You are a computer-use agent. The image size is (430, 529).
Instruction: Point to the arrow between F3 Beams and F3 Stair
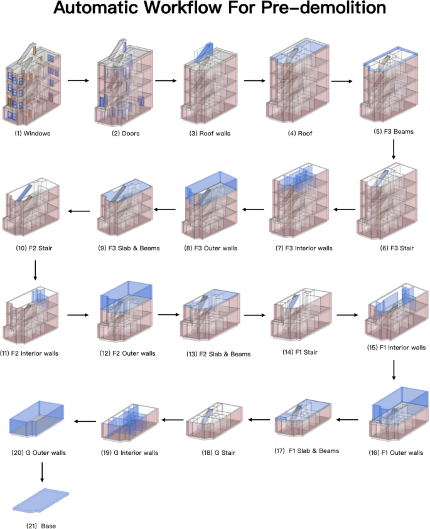click(x=394, y=149)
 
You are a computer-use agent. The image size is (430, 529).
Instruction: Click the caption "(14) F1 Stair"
click(x=300, y=352)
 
